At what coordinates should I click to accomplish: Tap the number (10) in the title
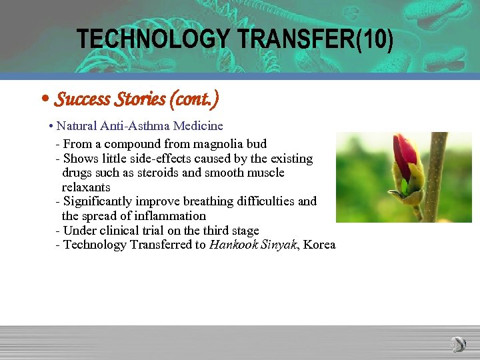pos(375,39)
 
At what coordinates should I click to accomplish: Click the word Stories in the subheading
pos(139,99)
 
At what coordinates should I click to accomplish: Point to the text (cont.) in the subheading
pos(194,99)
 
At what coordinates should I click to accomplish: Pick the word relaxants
pos(86,187)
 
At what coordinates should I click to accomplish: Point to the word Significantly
pos(98,201)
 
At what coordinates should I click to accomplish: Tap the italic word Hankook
pos(233,245)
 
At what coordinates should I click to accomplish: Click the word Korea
pos(319,245)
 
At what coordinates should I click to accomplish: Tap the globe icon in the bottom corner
pos(458,344)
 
